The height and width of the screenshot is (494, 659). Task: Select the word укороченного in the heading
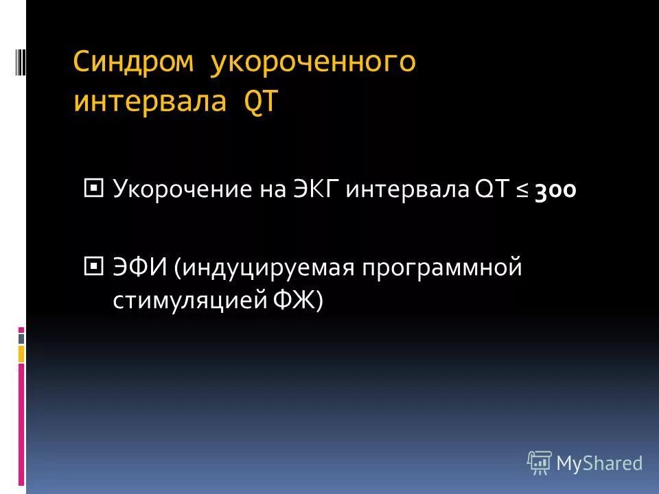(312, 62)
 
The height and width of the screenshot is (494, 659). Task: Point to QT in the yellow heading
(260, 102)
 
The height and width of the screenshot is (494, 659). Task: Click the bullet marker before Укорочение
(93, 187)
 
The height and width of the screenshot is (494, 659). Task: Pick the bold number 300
(554, 190)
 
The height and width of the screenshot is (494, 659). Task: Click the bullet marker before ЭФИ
(93, 264)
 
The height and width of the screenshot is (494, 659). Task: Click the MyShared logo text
(599, 464)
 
